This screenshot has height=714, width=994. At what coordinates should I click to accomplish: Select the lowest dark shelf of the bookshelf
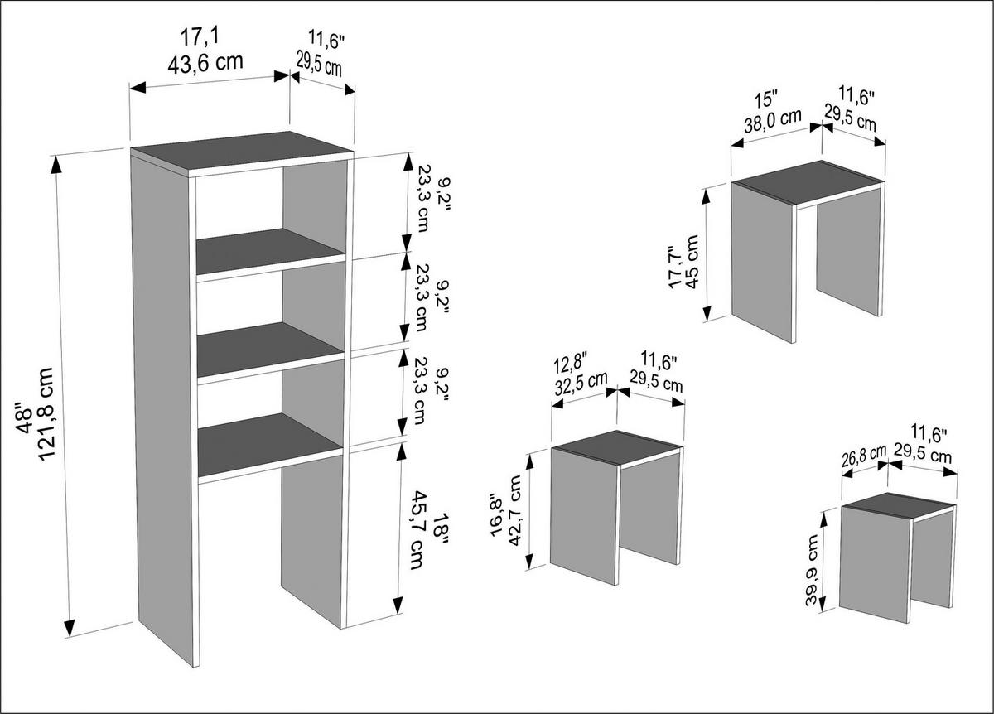click(x=269, y=445)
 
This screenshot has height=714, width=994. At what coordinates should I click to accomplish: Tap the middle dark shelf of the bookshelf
click(x=269, y=349)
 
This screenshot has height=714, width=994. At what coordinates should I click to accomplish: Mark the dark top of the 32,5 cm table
click(x=617, y=444)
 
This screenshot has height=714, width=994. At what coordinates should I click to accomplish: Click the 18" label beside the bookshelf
click(x=440, y=528)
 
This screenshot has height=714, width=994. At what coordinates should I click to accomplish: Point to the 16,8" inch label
click(x=496, y=514)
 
